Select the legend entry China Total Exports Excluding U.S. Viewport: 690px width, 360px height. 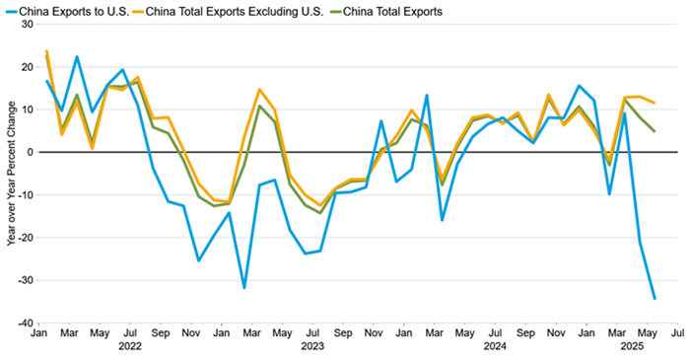tap(242, 11)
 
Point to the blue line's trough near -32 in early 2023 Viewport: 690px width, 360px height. tap(243, 288)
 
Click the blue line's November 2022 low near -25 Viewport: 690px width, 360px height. tap(198, 260)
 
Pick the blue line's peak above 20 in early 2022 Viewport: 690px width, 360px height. tap(77, 56)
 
